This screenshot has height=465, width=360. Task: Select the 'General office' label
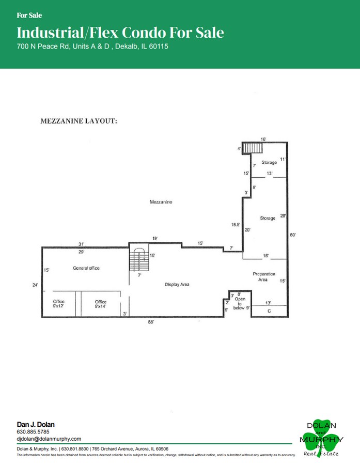click(86, 268)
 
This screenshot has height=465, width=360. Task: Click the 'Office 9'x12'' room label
click(59, 304)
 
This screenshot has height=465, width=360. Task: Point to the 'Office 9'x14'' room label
click(100, 304)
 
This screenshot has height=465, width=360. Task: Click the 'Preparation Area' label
click(263, 276)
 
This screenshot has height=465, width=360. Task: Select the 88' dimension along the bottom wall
click(151, 322)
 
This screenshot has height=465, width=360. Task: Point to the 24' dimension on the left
click(35, 284)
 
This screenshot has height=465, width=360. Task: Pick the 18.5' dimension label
click(236, 224)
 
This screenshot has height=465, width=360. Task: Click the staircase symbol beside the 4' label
click(253, 148)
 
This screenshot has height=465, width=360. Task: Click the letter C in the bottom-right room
click(269, 311)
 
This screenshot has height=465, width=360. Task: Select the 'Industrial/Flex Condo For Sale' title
click(120, 33)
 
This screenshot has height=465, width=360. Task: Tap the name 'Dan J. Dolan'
click(36, 424)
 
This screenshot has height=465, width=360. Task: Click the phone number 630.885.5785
click(33, 431)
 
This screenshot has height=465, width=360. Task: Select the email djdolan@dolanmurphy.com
click(49, 439)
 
